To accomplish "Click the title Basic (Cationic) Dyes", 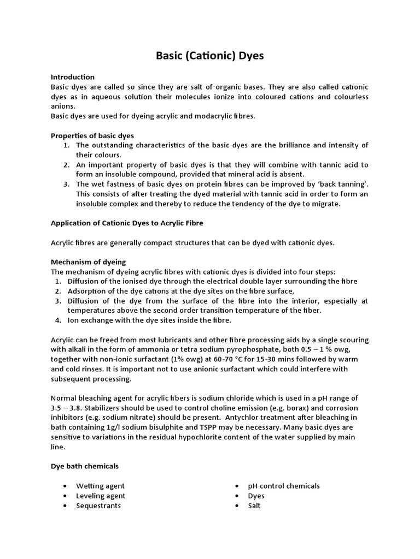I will coord(210,56).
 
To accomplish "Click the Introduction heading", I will coord(73,77).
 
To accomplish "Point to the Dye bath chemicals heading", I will coord(85,466).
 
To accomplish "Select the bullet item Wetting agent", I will coord(101,486).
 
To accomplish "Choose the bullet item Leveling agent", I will coord(101,496).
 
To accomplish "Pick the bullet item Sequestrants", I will coord(98,506).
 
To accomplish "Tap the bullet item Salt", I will coord(254,506).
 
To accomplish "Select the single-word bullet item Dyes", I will coord(256,496).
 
